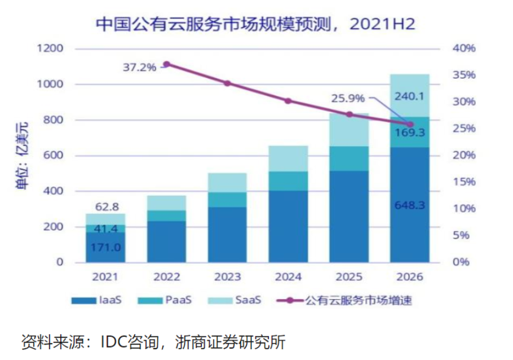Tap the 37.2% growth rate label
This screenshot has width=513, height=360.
pos(140,68)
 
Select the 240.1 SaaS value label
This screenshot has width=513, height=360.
pos(409,96)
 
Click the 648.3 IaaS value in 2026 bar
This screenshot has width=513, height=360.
pos(409,204)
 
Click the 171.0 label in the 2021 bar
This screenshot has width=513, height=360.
pos(105,247)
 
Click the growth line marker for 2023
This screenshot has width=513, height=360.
pos(227,84)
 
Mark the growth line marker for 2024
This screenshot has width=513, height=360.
pos(288,101)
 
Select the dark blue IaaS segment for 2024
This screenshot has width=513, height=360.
pos(288,226)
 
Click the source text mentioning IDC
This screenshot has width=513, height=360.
pos(153,341)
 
